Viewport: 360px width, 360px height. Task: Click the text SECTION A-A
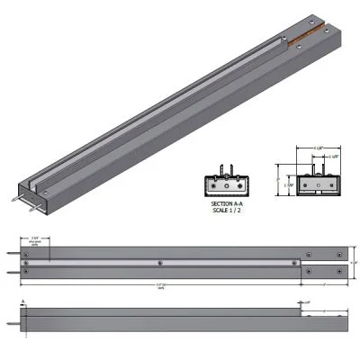[x=220, y=205]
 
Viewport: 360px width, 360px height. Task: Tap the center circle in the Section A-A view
[x=220, y=185]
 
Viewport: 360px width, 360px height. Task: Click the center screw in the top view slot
[x=159, y=262]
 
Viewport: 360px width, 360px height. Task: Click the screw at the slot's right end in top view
[x=298, y=262]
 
